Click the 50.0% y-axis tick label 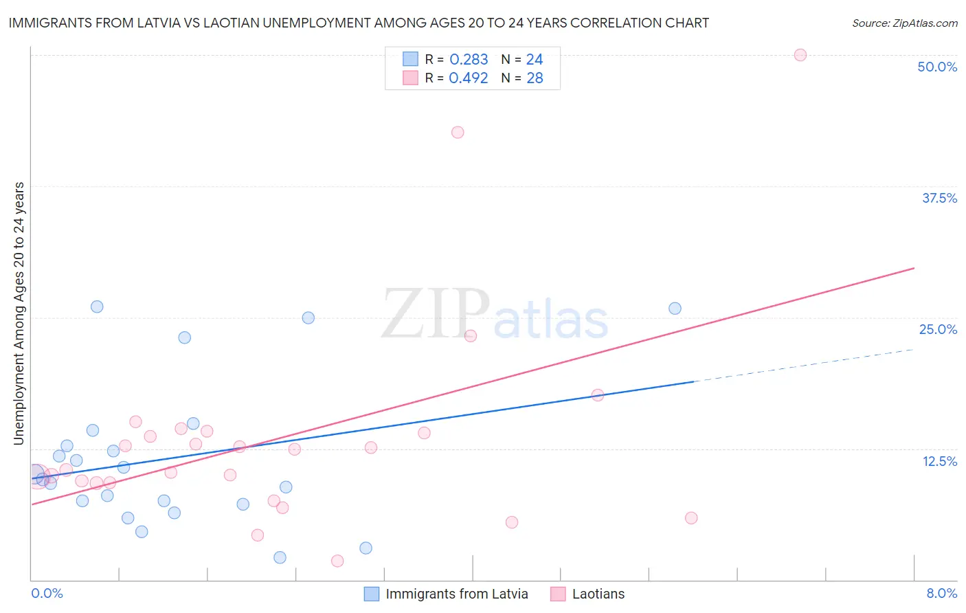937,67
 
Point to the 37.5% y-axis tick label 939,198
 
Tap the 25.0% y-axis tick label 938,329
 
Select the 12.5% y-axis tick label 939,461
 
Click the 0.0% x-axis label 47,593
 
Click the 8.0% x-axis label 941,593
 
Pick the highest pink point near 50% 800,55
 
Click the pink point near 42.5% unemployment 458,132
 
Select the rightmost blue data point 675,309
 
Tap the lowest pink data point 337,561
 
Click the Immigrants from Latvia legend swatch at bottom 372,594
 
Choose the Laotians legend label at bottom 598,594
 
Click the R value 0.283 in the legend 469,60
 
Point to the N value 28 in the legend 535,78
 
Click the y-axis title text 19,313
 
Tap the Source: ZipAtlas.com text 904,23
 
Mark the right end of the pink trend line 914,268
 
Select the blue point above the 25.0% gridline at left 97,306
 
